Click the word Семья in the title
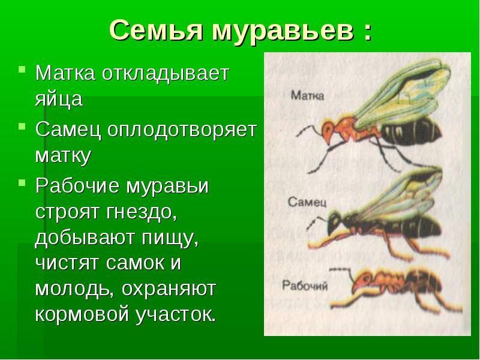[156, 31]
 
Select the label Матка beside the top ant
[307, 95]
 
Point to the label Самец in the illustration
[307, 202]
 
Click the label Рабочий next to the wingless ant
[305, 286]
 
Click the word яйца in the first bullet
[59, 99]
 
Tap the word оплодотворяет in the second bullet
[182, 130]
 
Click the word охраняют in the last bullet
[169, 289]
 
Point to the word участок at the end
[176, 314]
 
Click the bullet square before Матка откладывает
[22, 68]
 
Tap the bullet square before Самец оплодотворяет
[22, 125]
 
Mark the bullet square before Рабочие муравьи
[22, 182]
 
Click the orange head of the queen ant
[328, 130]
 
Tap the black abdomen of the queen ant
[410, 131]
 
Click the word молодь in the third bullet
[74, 289]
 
